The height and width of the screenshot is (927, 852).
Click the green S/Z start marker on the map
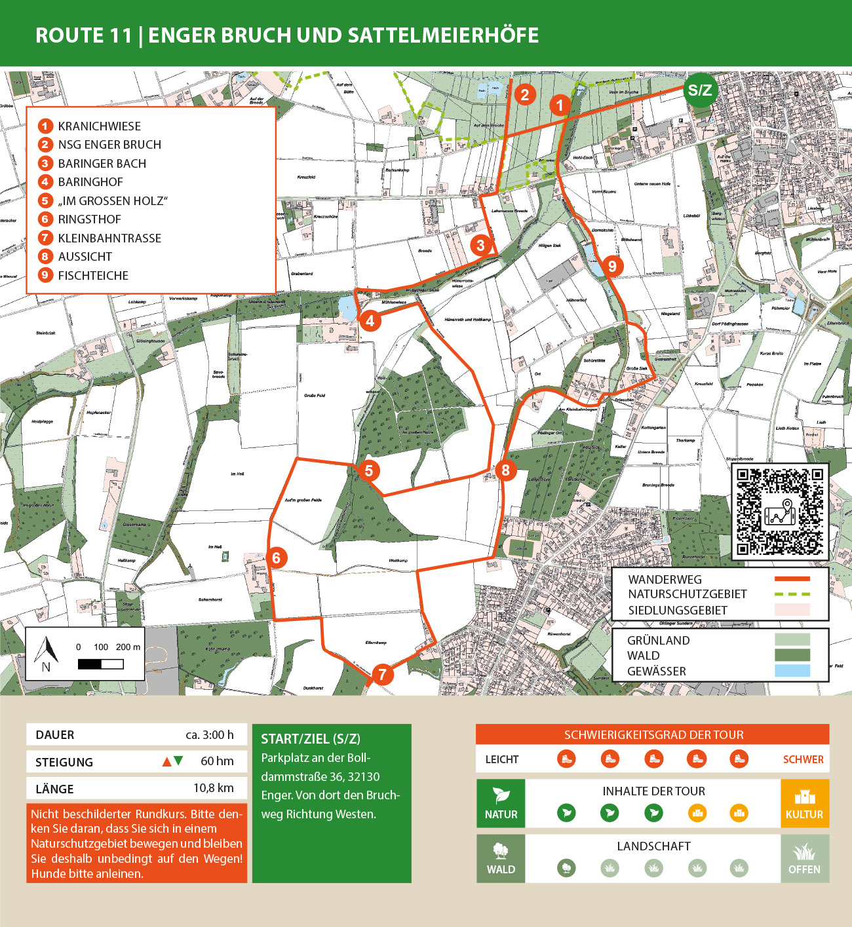pyautogui.click(x=699, y=90)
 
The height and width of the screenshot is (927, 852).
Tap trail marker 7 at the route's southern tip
pyautogui.click(x=382, y=674)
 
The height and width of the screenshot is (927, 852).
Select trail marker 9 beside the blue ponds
pyautogui.click(x=612, y=266)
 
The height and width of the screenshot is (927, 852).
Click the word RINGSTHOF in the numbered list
pyautogui.click(x=89, y=219)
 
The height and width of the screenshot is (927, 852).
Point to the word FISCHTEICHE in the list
pyautogui.click(x=93, y=276)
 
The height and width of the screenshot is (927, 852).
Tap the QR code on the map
pyautogui.click(x=779, y=512)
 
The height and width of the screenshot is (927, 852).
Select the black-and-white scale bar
pyautogui.click(x=100, y=664)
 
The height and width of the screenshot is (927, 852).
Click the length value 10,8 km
pyautogui.click(x=213, y=788)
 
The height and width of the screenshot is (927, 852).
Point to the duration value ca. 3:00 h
pyautogui.click(x=209, y=735)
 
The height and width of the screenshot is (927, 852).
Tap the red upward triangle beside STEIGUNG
pyautogui.click(x=166, y=761)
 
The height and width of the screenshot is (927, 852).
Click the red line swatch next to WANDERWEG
pyautogui.click(x=792, y=579)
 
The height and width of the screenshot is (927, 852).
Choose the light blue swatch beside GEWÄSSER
pyautogui.click(x=792, y=671)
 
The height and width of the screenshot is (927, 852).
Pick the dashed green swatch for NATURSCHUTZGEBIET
pyautogui.click(x=792, y=594)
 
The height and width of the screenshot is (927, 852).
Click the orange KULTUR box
pyautogui.click(x=804, y=803)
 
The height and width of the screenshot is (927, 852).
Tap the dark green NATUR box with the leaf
pyautogui.click(x=501, y=803)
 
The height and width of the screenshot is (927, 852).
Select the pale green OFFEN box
pyautogui.click(x=804, y=858)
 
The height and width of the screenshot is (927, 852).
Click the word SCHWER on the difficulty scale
pyautogui.click(x=803, y=759)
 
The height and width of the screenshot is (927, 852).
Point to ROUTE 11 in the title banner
pyautogui.click(x=84, y=35)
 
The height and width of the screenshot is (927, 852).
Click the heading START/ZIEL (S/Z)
pyautogui.click(x=311, y=739)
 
